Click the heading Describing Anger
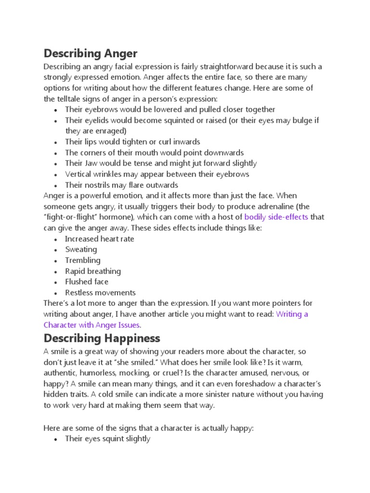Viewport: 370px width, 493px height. (x=90, y=53)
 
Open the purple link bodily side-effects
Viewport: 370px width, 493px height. (x=276, y=217)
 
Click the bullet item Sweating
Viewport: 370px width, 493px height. (x=81, y=249)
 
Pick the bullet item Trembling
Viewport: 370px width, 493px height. (x=83, y=260)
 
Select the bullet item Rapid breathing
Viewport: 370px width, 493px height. (x=93, y=271)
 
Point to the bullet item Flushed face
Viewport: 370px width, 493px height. (x=87, y=282)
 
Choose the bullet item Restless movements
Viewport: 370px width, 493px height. (x=100, y=293)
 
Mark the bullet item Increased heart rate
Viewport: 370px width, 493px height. (x=100, y=239)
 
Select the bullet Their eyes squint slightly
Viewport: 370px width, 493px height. (x=107, y=439)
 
